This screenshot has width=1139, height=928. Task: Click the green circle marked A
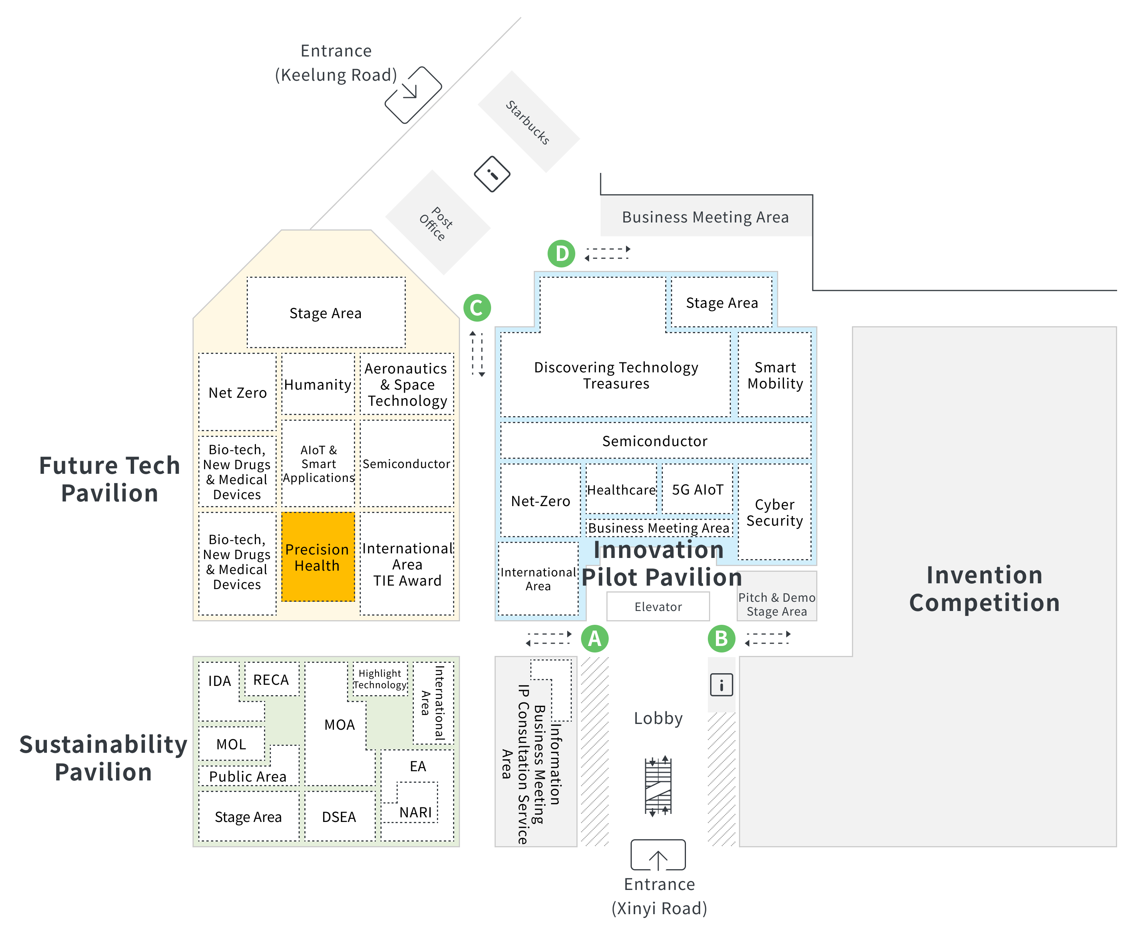(594, 638)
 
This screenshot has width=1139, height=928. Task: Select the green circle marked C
(477, 307)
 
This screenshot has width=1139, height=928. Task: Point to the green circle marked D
(561, 253)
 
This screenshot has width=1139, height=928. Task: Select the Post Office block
(438, 223)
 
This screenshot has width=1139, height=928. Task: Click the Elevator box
(658, 606)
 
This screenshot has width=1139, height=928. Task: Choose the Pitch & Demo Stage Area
(777, 596)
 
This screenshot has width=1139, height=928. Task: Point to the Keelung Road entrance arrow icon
(413, 95)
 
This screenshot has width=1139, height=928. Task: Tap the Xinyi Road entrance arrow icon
(658, 855)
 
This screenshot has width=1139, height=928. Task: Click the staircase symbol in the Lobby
(658, 786)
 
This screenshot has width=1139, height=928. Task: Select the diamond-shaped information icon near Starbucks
(492, 174)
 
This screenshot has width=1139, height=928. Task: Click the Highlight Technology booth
(380, 679)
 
